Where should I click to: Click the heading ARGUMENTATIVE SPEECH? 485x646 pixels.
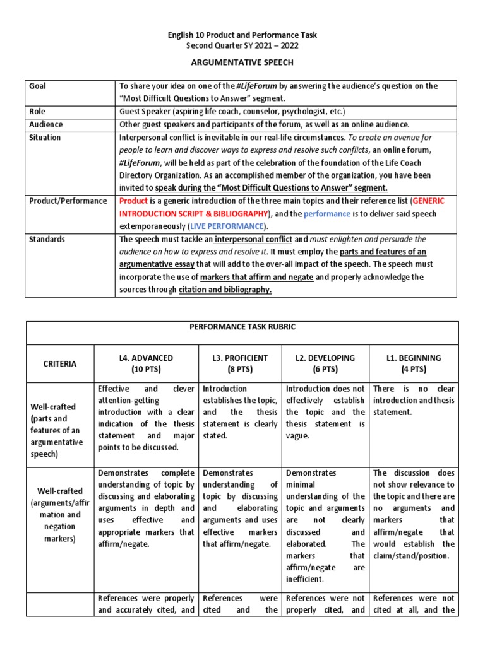click(x=242, y=64)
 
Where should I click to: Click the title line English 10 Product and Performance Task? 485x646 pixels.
click(x=242, y=35)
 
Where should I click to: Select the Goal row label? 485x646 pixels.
click(x=37, y=86)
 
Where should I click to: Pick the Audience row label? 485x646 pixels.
click(x=45, y=124)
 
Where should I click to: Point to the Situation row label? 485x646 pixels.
click(x=45, y=138)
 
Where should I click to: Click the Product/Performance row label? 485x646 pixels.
click(x=68, y=201)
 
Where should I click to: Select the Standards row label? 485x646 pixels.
click(x=47, y=239)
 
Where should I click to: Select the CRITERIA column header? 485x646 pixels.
click(x=61, y=363)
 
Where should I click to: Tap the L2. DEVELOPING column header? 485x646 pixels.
click(x=325, y=363)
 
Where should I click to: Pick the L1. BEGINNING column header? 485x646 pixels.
click(x=414, y=363)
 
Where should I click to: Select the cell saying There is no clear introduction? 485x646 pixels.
click(x=414, y=401)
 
